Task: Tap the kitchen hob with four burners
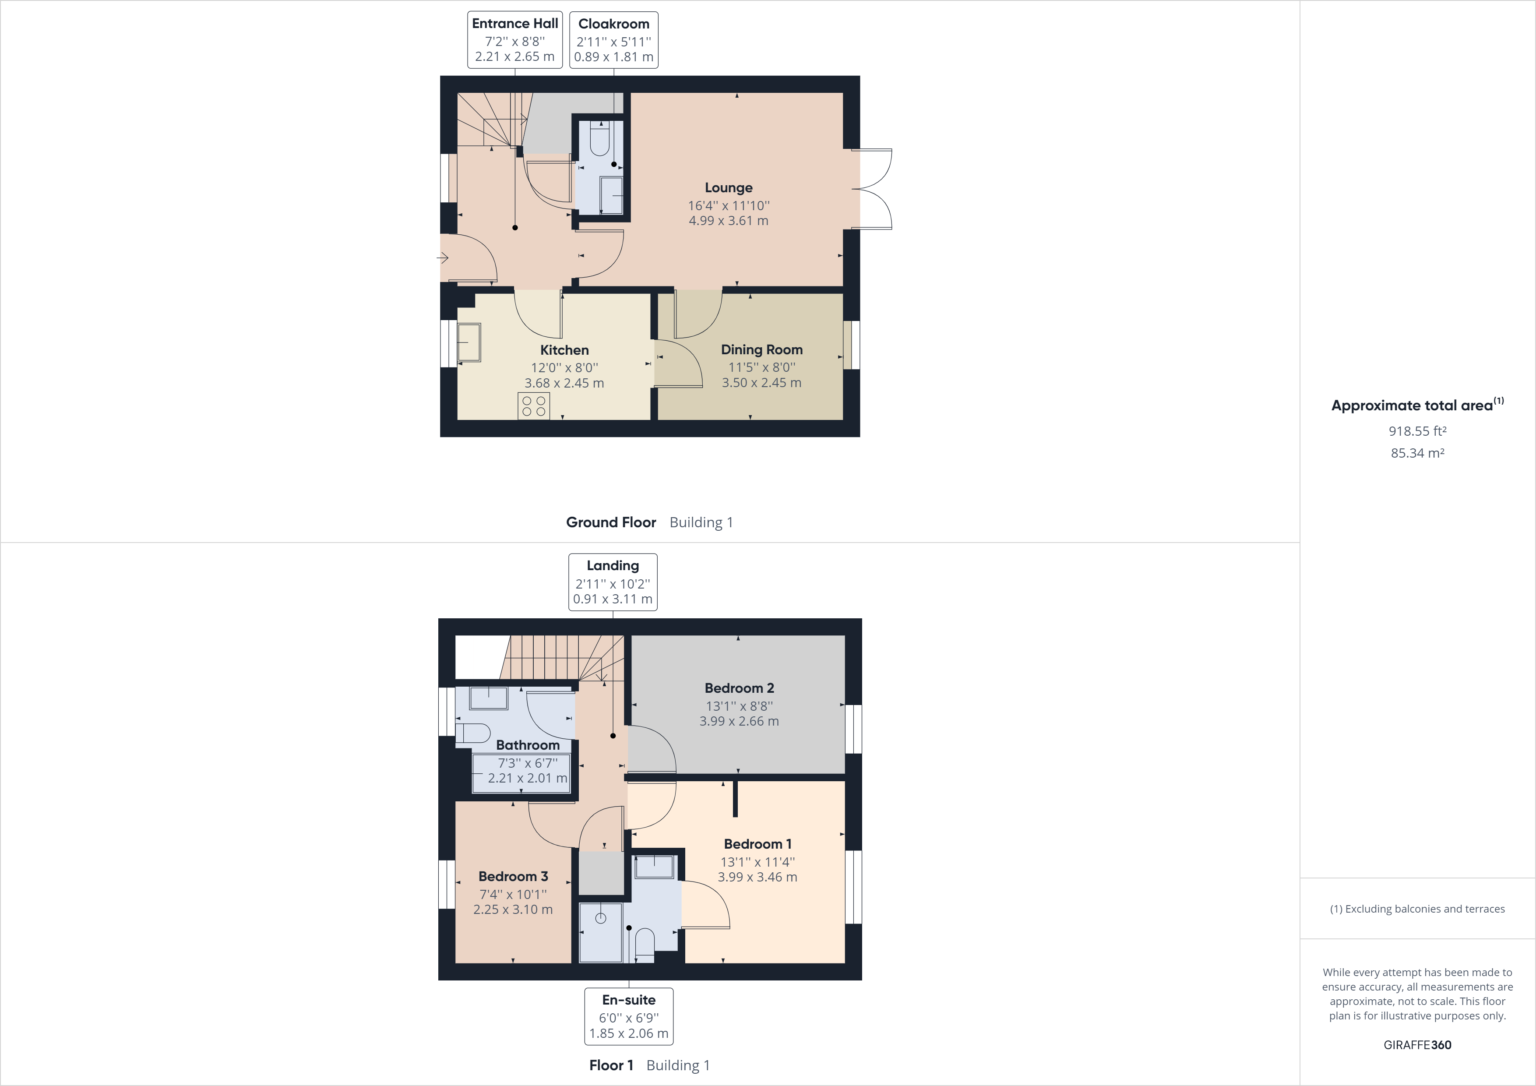coord(533,406)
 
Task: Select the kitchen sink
coord(469,342)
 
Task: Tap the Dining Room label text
coord(761,349)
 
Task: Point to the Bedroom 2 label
coord(739,688)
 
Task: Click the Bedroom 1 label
coord(757,844)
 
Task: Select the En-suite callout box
coord(628,1016)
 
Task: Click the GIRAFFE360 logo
coord(1417,1044)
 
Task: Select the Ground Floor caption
coord(611,522)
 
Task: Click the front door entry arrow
coord(442,257)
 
